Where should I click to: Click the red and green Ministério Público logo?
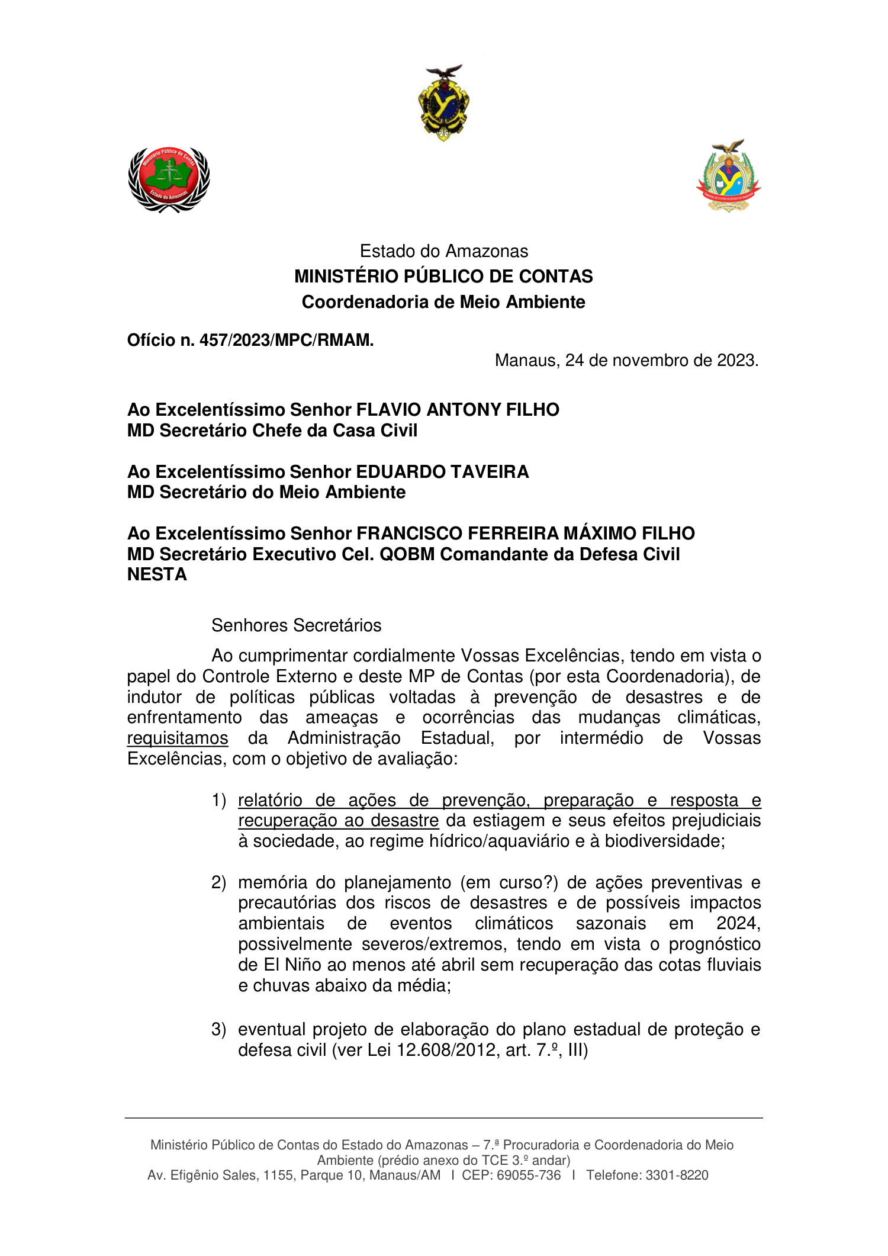pos(169,179)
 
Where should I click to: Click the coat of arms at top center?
pos(444,103)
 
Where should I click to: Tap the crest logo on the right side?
pos(729,176)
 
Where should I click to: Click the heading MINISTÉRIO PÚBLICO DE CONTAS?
pos(443,277)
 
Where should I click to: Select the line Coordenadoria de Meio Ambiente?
pos(443,302)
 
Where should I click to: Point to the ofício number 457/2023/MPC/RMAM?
pos(286,340)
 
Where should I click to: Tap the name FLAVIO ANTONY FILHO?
pos(457,410)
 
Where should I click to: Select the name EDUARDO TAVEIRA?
pos(442,472)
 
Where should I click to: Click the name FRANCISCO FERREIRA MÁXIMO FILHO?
pos(525,534)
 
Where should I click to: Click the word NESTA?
pos(157,574)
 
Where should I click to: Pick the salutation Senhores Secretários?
pos(296,625)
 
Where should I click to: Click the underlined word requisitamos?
pos(178,738)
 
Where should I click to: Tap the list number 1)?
pos(219,801)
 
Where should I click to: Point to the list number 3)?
pos(219,1030)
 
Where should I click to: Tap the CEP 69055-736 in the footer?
pos(528,1175)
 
